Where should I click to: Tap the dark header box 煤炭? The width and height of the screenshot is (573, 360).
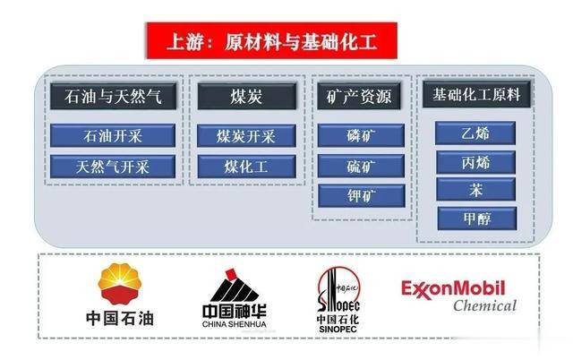click(245, 96)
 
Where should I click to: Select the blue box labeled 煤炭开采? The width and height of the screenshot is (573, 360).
click(245, 136)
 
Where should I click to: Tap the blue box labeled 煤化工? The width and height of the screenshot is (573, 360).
click(245, 167)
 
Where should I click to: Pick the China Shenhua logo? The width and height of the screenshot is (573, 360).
click(234, 298)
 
